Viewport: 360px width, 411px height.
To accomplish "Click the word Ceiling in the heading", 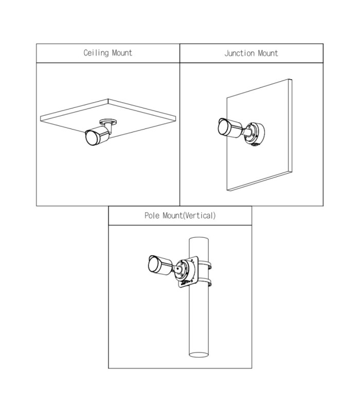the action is click(x=96, y=53).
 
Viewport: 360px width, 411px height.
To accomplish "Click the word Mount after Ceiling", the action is click(x=122, y=53).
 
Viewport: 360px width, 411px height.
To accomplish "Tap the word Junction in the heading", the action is click(x=240, y=53).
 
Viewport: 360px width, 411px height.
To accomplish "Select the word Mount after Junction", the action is click(x=268, y=53).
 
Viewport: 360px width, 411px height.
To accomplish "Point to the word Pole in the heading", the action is click(x=152, y=215).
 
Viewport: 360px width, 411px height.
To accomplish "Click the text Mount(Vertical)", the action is click(x=189, y=216).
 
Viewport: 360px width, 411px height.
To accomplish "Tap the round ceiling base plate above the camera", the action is click(x=108, y=122).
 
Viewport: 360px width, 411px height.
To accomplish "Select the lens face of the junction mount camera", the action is click(x=223, y=127).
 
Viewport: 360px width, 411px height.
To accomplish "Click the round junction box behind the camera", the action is click(x=255, y=134).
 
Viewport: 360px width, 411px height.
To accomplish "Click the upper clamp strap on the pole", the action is click(x=205, y=264).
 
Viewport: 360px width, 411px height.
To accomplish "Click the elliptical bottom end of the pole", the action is click(x=199, y=354).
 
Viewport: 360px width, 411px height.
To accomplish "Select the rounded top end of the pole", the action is click(x=199, y=239).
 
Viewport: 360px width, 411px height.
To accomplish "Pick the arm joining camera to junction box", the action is click(x=247, y=131).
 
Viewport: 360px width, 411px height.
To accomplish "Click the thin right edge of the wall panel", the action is click(x=291, y=125).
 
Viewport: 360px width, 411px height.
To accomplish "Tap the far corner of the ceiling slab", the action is click(x=108, y=99).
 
